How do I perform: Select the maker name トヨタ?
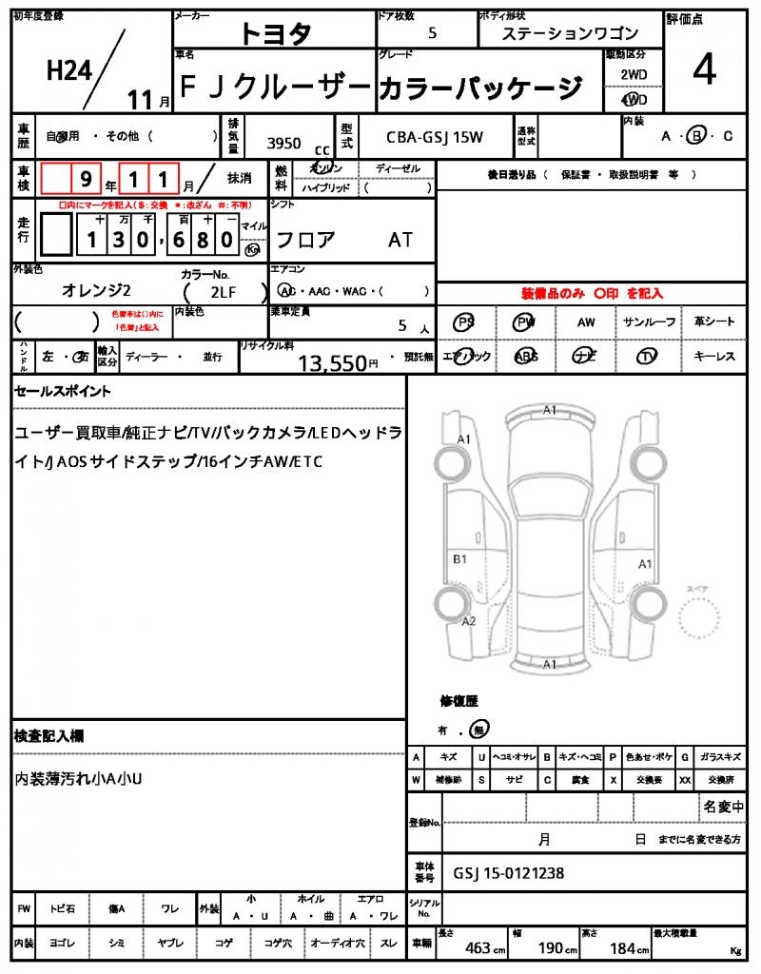[x=275, y=33]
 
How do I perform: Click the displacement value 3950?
[x=283, y=144]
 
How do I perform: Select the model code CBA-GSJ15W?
[x=435, y=137]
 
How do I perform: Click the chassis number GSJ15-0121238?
[x=508, y=873]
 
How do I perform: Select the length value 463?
[x=478, y=948]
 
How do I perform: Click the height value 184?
[x=622, y=948]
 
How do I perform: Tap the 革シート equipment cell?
[x=714, y=321]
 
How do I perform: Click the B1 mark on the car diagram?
[x=459, y=559]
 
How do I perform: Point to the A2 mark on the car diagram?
[x=468, y=621]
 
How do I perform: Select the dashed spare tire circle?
[x=701, y=622]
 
